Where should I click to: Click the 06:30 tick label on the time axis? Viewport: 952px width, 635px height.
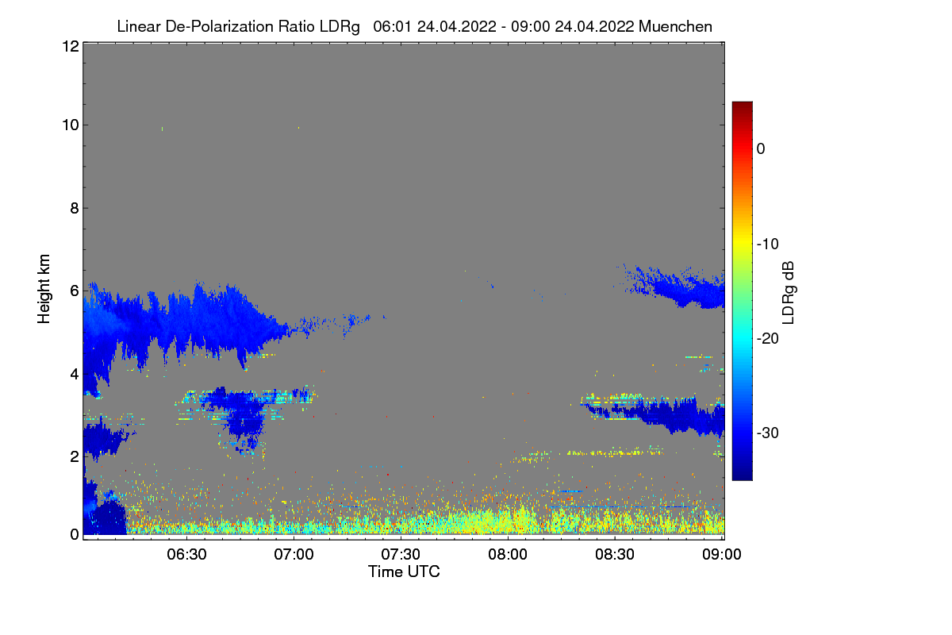[186, 555]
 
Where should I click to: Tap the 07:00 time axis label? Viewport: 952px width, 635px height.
[294, 555]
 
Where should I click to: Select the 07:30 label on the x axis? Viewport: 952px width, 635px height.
[401, 555]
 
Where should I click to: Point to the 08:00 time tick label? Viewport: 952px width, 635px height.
[508, 555]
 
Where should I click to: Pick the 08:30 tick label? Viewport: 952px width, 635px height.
[615, 555]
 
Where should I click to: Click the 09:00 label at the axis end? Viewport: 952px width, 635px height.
[722, 555]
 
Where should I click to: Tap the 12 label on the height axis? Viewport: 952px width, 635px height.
[71, 46]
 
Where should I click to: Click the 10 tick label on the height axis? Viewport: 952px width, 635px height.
[71, 125]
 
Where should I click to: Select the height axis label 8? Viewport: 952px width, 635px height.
[75, 209]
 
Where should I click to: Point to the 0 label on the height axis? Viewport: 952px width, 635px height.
[75, 535]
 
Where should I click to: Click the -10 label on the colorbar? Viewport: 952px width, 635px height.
[768, 244]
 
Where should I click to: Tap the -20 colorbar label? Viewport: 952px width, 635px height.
[768, 339]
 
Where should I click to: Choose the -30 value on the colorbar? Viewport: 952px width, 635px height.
[768, 433]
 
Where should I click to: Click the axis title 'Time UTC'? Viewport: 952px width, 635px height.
[404, 572]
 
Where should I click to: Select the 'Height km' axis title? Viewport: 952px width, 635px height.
[44, 289]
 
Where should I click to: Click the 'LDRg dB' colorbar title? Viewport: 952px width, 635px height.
[789, 293]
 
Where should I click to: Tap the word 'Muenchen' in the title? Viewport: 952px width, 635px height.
[675, 26]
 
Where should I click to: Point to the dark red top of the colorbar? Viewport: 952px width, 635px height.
[742, 106]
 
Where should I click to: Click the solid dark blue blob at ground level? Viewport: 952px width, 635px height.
[109, 518]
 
